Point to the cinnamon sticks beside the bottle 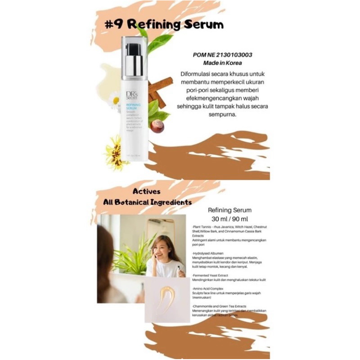160,88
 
